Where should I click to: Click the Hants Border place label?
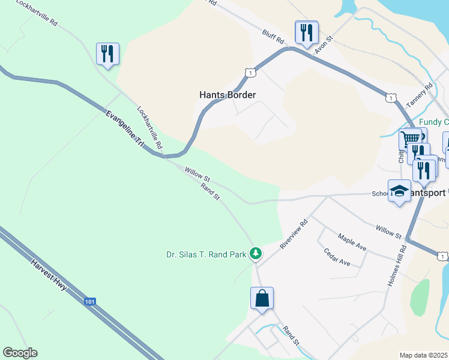pyautogui.click(x=228, y=95)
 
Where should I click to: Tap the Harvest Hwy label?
pyautogui.click(x=50, y=275)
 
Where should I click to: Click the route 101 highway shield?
pyautogui.click(x=89, y=302)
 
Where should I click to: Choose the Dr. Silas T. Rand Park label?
pyautogui.click(x=206, y=254)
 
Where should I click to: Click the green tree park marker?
pyautogui.click(x=256, y=254)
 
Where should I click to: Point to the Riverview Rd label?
pyautogui.click(x=294, y=233)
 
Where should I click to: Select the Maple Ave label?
pyautogui.click(x=352, y=242)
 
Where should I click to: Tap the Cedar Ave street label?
pyautogui.click(x=337, y=258)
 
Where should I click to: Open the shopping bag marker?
pyautogui.click(x=262, y=298)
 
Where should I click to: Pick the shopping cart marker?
pyautogui.click(x=411, y=139)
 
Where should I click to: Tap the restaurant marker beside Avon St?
pyautogui.click(x=307, y=32)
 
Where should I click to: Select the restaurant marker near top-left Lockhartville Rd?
pyautogui.click(x=107, y=53)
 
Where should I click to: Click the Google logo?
pyautogui.click(x=20, y=353)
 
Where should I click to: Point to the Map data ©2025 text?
pyautogui.click(x=424, y=355)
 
